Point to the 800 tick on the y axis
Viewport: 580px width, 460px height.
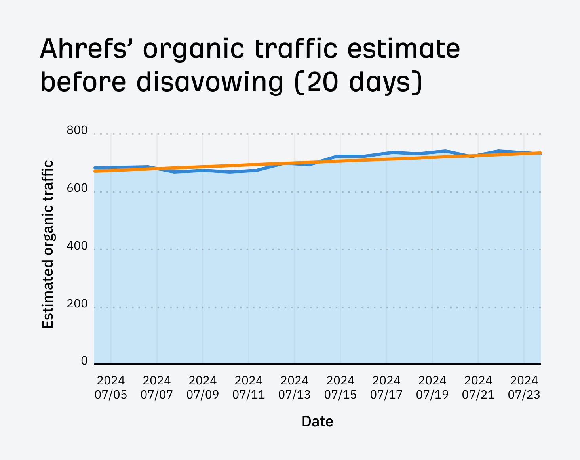(x=77, y=130)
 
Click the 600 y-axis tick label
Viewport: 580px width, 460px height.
(x=77, y=188)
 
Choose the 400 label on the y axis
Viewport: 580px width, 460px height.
(x=77, y=246)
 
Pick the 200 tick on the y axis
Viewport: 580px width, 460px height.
(x=77, y=304)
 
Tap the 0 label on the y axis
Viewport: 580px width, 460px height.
(x=84, y=361)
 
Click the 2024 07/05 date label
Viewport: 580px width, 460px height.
(x=111, y=387)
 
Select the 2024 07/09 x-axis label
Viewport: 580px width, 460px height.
(x=203, y=387)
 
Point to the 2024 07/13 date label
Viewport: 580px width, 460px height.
(x=295, y=387)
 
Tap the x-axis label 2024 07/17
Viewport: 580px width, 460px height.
(x=386, y=387)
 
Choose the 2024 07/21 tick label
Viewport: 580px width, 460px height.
(x=478, y=387)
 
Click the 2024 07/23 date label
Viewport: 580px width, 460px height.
(x=524, y=387)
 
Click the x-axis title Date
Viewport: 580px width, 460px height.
(x=317, y=421)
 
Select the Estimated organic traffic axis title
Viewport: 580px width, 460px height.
(x=48, y=244)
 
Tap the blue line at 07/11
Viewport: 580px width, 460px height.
(x=249, y=171)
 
